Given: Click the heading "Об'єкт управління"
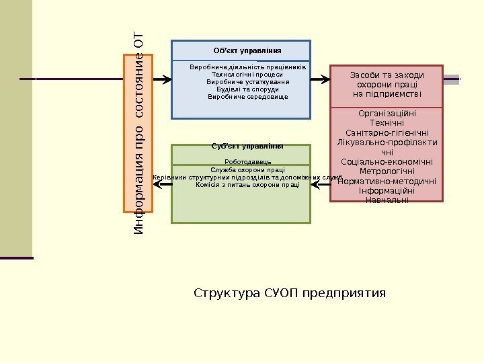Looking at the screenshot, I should (x=247, y=51).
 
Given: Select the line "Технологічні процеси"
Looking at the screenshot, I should (x=247, y=75).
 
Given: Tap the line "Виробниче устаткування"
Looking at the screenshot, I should (x=247, y=82).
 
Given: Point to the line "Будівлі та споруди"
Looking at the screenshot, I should (x=247, y=89).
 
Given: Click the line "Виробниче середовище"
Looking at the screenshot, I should (x=247, y=97).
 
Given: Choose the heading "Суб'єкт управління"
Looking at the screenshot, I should (x=247, y=146).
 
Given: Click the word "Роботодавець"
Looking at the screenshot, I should (x=247, y=162).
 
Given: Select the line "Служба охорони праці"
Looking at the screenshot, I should (x=247, y=170).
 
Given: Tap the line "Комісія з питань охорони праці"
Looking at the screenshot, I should (x=247, y=185).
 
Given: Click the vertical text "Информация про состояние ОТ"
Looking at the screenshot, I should (x=139, y=132).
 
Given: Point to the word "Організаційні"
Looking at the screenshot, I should (x=387, y=114).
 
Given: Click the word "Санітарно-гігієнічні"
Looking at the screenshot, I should (x=387, y=133).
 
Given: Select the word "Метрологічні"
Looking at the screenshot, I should (x=387, y=171).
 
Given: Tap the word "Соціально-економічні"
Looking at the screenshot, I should (x=387, y=162).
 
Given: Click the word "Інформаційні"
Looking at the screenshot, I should (x=387, y=191).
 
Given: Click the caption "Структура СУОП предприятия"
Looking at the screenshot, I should (x=290, y=294).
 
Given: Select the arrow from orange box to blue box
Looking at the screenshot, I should (x=162, y=79).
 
